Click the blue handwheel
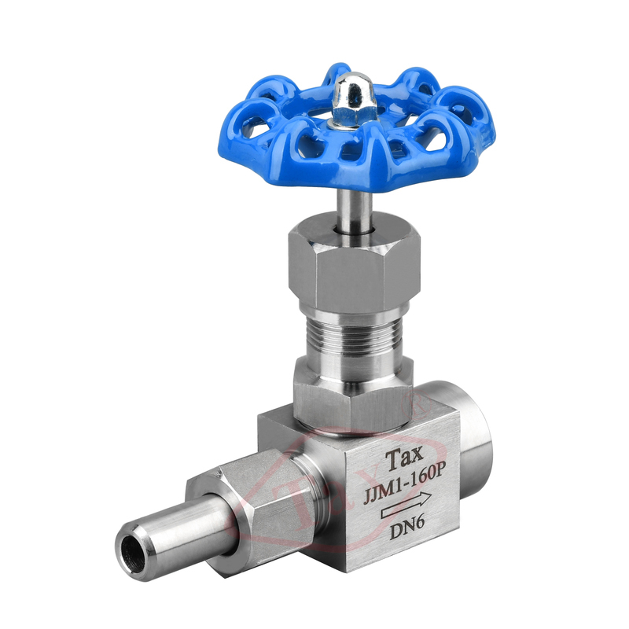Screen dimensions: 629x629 (x=281, y=160)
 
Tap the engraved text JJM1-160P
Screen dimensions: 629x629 (x=404, y=483)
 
